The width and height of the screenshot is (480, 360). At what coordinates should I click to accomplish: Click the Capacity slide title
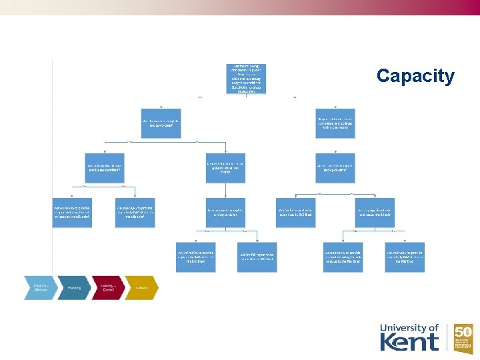[415, 76]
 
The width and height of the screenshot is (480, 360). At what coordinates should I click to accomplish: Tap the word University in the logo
[404, 327]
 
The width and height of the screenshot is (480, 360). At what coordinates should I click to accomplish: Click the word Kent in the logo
[409, 341]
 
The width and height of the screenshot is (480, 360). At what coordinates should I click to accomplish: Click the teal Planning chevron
[74, 287]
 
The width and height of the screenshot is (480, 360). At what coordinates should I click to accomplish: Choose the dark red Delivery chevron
[107, 287]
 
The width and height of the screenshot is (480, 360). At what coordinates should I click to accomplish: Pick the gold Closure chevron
[141, 287]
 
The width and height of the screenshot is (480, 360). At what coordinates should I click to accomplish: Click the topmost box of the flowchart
[247, 79]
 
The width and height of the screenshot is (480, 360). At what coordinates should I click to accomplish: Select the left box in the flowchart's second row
[161, 123]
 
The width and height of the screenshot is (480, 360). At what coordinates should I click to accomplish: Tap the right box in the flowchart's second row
[335, 123]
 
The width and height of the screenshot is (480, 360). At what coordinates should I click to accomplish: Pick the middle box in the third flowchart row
[225, 167]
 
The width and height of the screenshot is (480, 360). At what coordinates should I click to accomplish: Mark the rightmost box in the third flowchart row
[335, 167]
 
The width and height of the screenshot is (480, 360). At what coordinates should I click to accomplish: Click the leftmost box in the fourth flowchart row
[73, 212]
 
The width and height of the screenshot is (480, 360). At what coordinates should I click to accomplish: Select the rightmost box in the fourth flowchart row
[375, 212]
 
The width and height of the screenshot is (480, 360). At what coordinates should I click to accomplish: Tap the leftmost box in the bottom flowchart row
[195, 257]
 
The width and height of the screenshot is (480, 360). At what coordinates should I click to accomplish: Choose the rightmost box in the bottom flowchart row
[405, 257]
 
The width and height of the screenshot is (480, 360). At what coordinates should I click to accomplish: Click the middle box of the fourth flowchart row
[225, 212]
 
